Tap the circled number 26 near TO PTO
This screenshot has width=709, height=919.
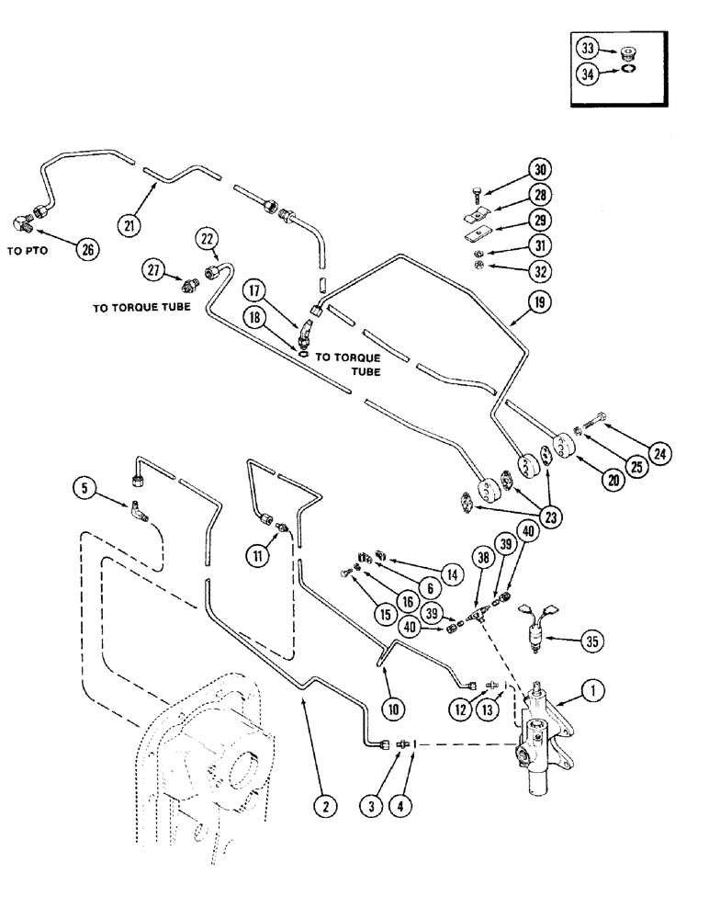click(x=88, y=248)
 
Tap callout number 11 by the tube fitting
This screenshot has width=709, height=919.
click(x=256, y=554)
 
